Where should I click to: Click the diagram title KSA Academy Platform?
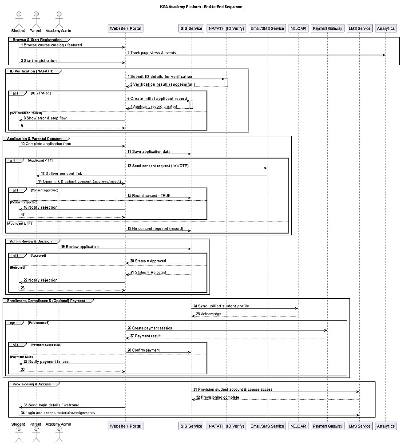tap(201, 7)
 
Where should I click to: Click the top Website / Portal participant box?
tap(125, 28)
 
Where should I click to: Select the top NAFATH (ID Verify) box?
tap(226, 28)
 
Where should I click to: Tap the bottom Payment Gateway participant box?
tap(327, 426)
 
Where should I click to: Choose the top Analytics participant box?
tap(385, 28)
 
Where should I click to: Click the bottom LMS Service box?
tap(359, 426)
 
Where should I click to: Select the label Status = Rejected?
tap(150, 272)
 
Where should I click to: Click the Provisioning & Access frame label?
tap(32, 384)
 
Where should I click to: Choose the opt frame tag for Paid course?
tap(13, 323)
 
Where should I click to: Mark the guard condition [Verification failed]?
tap(26, 113)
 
